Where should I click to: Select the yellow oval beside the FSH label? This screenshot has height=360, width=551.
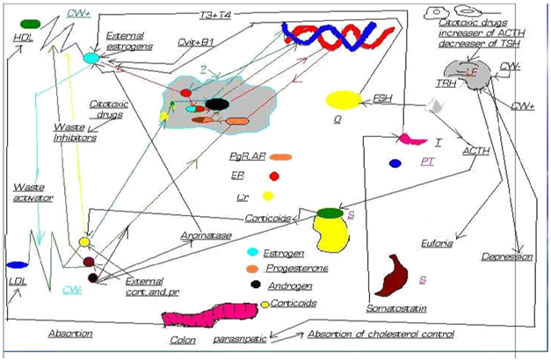point(344,100)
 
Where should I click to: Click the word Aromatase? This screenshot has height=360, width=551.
point(200,235)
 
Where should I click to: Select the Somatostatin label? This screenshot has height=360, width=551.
point(392,307)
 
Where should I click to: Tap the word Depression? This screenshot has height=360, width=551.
point(506,256)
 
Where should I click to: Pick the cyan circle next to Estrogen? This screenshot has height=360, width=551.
point(251,253)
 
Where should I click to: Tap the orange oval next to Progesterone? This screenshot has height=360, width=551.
point(252,269)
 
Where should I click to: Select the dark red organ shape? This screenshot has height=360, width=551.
point(392,275)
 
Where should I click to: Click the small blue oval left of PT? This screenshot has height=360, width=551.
point(395,162)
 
